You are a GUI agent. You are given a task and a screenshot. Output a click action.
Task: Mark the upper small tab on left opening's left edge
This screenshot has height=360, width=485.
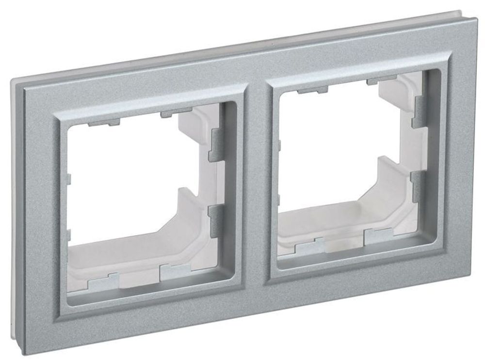point(68,180)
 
